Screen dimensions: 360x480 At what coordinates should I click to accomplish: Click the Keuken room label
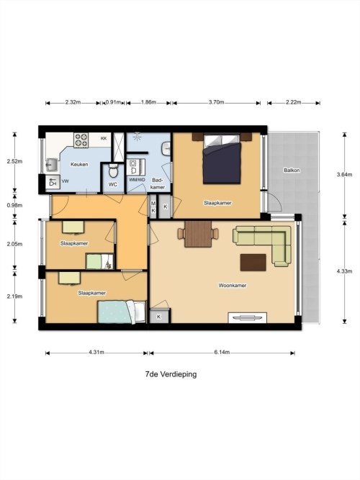[x=79, y=164]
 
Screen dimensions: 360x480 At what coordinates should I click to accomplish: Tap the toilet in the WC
[x=113, y=171]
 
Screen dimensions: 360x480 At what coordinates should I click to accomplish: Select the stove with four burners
[x=81, y=140]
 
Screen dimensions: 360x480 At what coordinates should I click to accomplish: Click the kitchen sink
[x=50, y=165]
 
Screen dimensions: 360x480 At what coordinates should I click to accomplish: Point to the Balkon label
[x=292, y=171]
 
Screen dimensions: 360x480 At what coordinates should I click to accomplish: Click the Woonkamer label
[x=233, y=285]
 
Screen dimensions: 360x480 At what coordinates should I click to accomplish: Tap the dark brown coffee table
[x=253, y=263]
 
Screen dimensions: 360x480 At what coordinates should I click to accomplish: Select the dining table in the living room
[x=198, y=234]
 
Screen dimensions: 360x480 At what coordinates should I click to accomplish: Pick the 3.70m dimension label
[x=216, y=102]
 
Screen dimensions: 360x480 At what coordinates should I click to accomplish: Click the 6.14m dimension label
[x=222, y=353]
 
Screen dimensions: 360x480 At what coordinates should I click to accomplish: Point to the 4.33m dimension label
[x=344, y=271]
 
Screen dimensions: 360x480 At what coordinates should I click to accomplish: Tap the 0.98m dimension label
[x=14, y=205]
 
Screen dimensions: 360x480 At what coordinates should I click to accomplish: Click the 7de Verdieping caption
[x=171, y=374]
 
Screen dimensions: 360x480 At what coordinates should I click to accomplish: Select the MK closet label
[x=153, y=207]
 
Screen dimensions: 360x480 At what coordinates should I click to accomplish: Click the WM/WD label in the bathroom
[x=137, y=180]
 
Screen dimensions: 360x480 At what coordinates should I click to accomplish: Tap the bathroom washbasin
[x=166, y=148]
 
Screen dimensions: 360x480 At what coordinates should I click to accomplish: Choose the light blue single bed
[x=122, y=312]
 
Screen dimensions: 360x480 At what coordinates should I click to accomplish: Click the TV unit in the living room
[x=247, y=317]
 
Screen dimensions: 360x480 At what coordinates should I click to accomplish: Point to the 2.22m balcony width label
[x=294, y=102]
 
